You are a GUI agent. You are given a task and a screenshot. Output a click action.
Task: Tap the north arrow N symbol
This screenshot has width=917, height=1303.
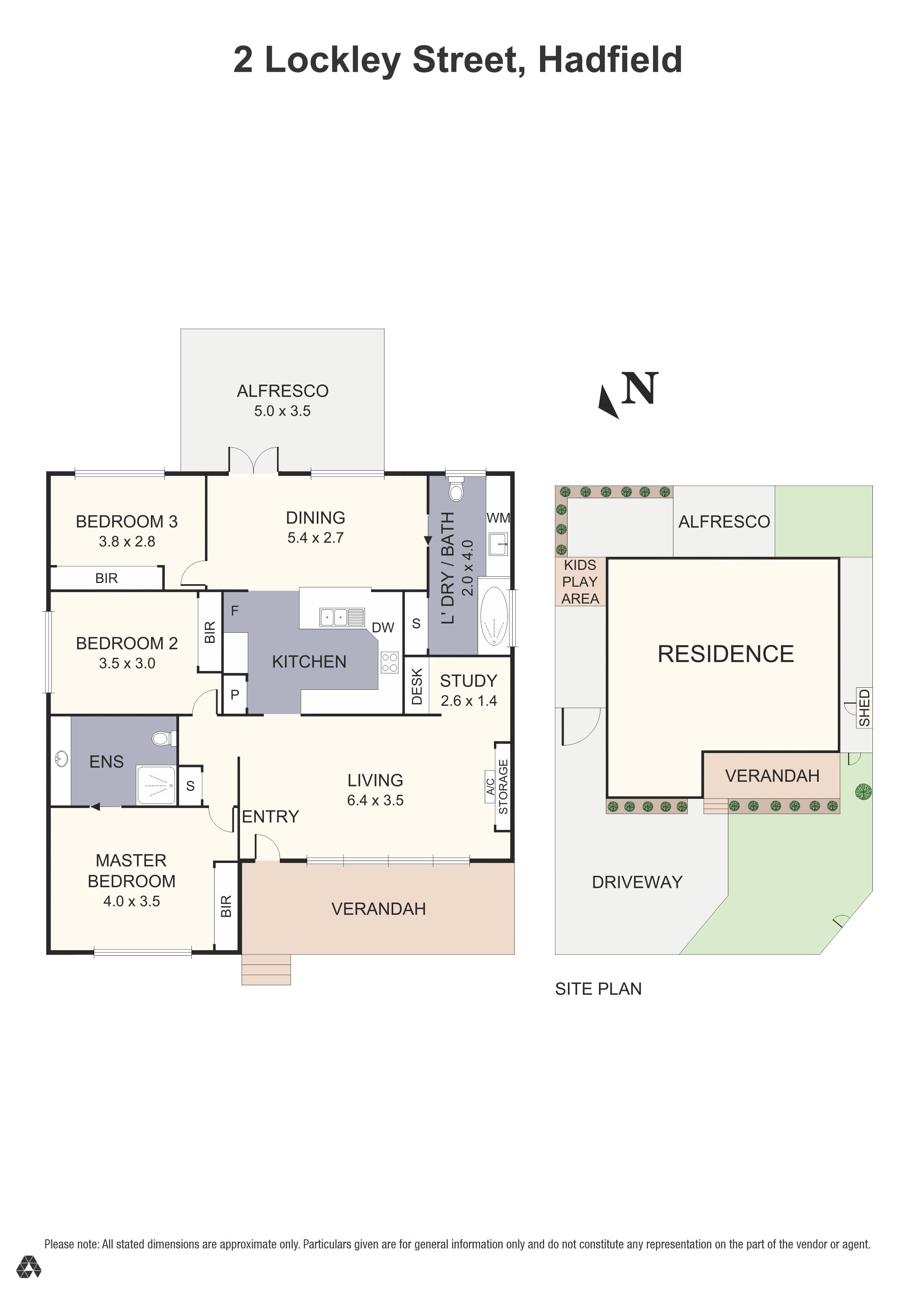coord(639,389)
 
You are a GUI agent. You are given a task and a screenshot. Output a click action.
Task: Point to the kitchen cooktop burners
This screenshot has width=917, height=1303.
coord(390,662)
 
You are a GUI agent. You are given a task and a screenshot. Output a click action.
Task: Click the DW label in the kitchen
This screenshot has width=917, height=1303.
coord(383,627)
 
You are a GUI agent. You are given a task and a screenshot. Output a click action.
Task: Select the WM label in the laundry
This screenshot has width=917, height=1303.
coord(498,518)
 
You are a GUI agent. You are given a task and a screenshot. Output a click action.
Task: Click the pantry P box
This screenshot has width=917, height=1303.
coord(234,695)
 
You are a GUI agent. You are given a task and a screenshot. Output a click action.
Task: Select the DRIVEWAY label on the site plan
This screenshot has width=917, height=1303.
coord(637,882)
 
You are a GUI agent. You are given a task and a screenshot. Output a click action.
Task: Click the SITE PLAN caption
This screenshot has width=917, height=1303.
coord(598,989)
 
